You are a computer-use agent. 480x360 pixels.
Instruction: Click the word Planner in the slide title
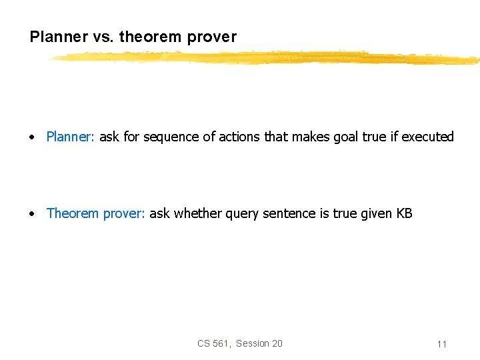tap(57, 37)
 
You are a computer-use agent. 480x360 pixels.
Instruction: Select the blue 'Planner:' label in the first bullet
tap(71, 137)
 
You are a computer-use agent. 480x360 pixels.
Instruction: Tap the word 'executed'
tap(427, 137)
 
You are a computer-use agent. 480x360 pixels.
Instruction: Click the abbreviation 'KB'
tap(405, 213)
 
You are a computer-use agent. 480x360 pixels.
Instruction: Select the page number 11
tap(442, 344)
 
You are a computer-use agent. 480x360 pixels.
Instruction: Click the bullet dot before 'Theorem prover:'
tap(32, 214)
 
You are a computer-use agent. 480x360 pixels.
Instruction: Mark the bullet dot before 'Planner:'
tap(32, 137)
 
